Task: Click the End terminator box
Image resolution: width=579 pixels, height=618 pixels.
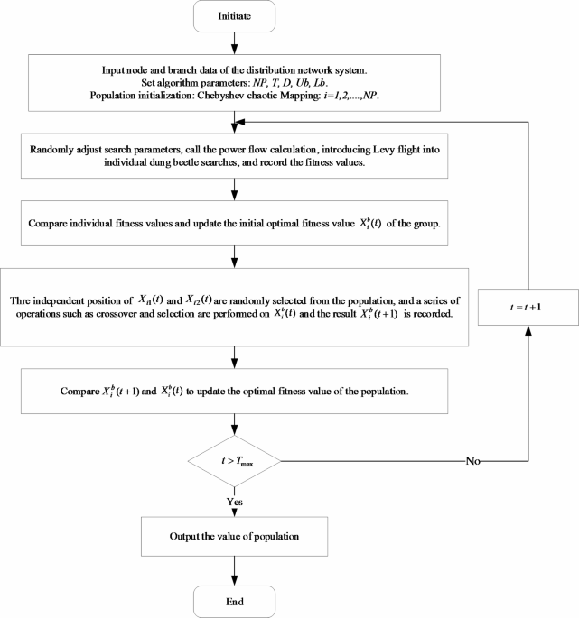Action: click(x=235, y=599)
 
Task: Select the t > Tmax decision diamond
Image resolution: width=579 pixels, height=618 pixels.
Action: click(x=235, y=461)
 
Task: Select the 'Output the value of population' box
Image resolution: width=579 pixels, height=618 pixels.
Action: click(x=235, y=537)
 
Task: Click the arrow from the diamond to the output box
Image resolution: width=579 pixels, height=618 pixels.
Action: click(x=235, y=505)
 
